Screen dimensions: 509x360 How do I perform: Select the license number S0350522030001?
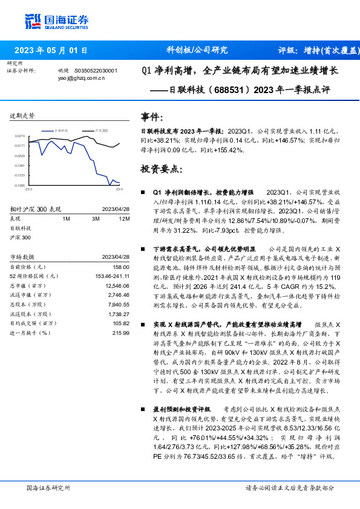[x=96, y=71]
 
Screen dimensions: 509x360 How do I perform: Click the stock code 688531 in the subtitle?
[x=226, y=92]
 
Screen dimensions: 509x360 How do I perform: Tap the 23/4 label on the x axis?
[x=119, y=190]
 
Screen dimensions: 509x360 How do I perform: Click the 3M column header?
[x=96, y=219]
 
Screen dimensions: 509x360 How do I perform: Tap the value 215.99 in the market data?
[x=122, y=333]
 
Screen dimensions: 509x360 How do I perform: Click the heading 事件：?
[x=152, y=115]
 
